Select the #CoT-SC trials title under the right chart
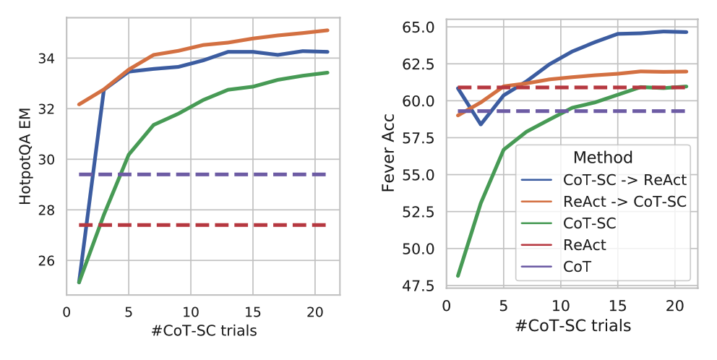[572, 325]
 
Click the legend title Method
[603, 157]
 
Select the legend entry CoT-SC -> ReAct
[622, 179]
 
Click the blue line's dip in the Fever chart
[481, 124]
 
